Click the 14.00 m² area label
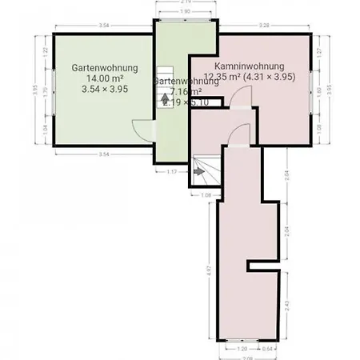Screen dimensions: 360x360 [104, 78]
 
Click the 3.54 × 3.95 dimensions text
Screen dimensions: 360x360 [104, 90]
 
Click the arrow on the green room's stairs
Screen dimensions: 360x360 [166, 99]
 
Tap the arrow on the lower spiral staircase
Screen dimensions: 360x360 [198, 170]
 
